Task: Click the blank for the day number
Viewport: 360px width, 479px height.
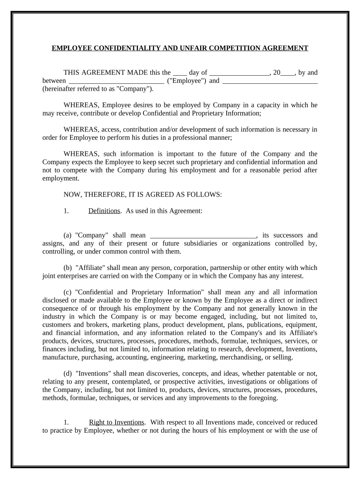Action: (x=180, y=73)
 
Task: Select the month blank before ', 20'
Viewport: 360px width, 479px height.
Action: (x=239, y=73)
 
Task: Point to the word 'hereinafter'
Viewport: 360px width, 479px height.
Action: (x=59, y=88)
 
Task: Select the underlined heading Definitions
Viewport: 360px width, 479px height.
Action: (x=104, y=211)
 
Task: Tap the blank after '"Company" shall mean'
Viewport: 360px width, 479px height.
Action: (x=203, y=236)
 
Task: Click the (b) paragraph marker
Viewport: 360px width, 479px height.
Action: (x=68, y=268)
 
